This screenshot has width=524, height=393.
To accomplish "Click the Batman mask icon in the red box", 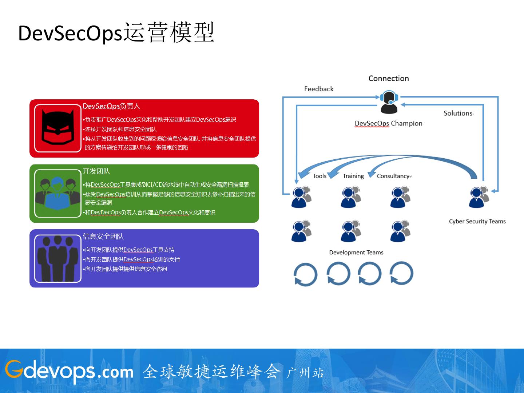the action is [57, 128].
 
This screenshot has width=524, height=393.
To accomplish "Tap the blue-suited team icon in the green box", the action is [57, 193].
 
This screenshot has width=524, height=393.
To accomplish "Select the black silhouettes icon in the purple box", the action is [57, 258].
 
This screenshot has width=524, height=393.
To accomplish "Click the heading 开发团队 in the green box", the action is [96, 171].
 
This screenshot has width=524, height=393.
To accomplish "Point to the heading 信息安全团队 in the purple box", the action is [103, 237].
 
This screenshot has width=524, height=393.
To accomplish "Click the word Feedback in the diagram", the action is [319, 89].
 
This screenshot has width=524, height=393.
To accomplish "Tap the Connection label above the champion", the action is [389, 79].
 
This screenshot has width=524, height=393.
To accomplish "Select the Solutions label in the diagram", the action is [458, 113].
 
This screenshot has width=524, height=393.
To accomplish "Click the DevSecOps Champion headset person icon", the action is [389, 102].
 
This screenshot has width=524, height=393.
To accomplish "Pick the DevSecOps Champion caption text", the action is [389, 123].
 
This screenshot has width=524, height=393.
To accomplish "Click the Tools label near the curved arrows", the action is [319, 176].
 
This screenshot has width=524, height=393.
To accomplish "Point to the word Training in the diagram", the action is [353, 176].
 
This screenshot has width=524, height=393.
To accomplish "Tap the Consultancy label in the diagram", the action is [393, 176].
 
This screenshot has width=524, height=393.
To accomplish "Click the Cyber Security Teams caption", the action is [477, 221].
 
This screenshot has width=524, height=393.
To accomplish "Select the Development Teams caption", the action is [356, 253].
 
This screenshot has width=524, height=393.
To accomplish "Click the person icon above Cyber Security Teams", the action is [478, 197].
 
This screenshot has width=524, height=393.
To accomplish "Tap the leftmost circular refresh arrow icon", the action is [305, 274].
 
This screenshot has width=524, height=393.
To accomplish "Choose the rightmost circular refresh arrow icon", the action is [401, 273].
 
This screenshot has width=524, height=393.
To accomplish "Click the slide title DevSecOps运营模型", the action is [116, 33].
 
